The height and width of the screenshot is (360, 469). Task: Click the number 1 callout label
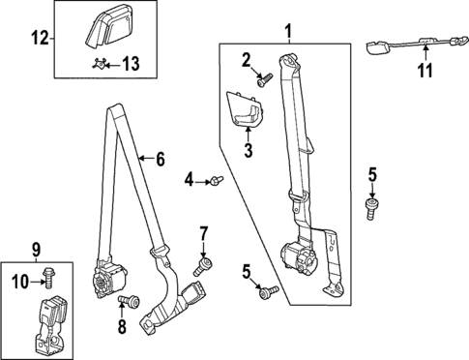pyautogui.click(x=286, y=33)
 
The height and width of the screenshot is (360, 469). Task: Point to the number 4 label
pyautogui.click(x=191, y=179)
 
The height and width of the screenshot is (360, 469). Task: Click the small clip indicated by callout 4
pyautogui.click(x=217, y=179)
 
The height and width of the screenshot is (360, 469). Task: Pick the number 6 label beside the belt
pyautogui.click(x=161, y=159)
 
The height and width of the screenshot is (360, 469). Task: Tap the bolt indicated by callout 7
pyautogui.click(x=205, y=262)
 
